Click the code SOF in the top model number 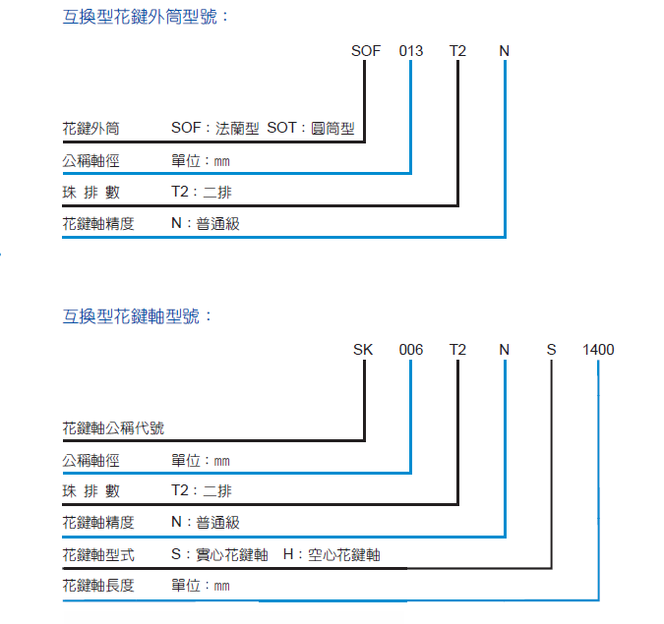click(366, 50)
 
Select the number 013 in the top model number click(410, 50)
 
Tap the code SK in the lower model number click(363, 349)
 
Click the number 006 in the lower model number click(410, 349)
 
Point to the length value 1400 click(598, 349)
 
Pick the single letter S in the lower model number click(552, 349)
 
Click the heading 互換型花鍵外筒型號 click(146, 17)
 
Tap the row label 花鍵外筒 click(91, 129)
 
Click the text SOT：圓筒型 click(310, 129)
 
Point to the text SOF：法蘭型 click(214, 129)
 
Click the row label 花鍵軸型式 click(98, 554)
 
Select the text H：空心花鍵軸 click(331, 554)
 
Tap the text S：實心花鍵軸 click(219, 554)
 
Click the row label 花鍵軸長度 click(98, 586)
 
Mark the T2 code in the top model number click(458, 50)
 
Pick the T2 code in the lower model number click(458, 349)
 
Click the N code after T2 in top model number click(505, 50)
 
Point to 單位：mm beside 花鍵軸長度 click(201, 586)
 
